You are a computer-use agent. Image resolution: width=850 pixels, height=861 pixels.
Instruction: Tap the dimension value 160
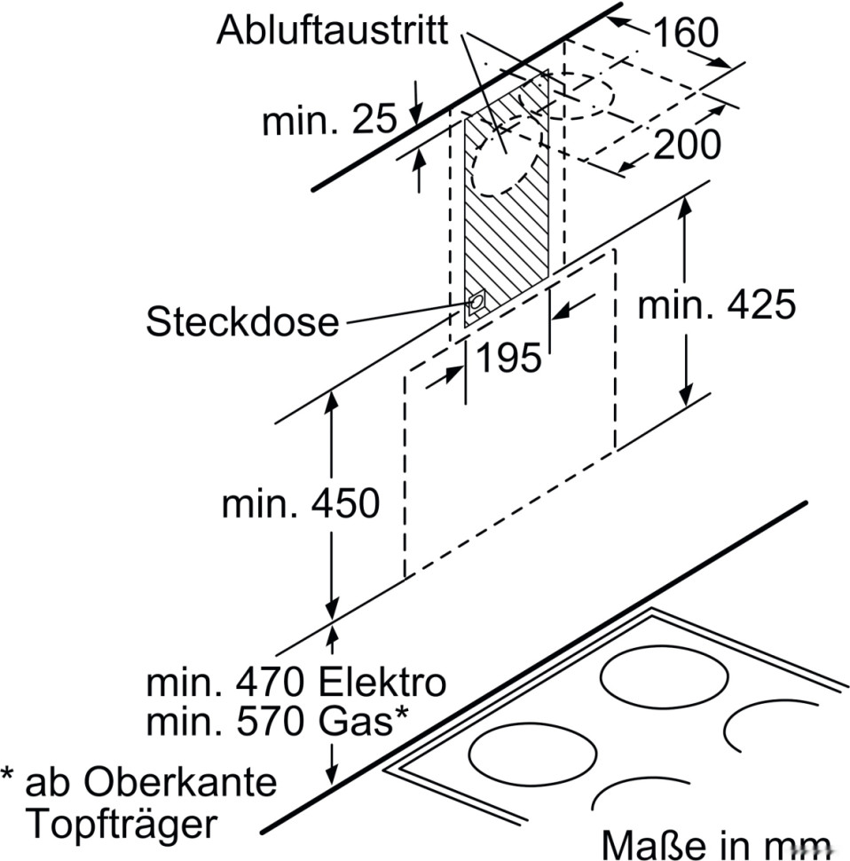(684, 33)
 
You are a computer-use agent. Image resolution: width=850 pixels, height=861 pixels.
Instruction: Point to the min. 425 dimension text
(716, 305)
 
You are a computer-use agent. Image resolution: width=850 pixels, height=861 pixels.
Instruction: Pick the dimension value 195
(508, 358)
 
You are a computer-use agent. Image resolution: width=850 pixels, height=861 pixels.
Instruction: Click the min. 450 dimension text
(300, 504)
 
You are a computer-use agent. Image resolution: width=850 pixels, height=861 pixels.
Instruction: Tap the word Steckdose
(242, 321)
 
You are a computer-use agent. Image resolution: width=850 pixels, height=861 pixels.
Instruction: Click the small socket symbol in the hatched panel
(476, 303)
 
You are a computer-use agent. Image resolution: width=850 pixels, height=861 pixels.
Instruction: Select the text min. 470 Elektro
(295, 683)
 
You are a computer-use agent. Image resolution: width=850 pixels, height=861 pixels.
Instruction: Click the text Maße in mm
(717, 843)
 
